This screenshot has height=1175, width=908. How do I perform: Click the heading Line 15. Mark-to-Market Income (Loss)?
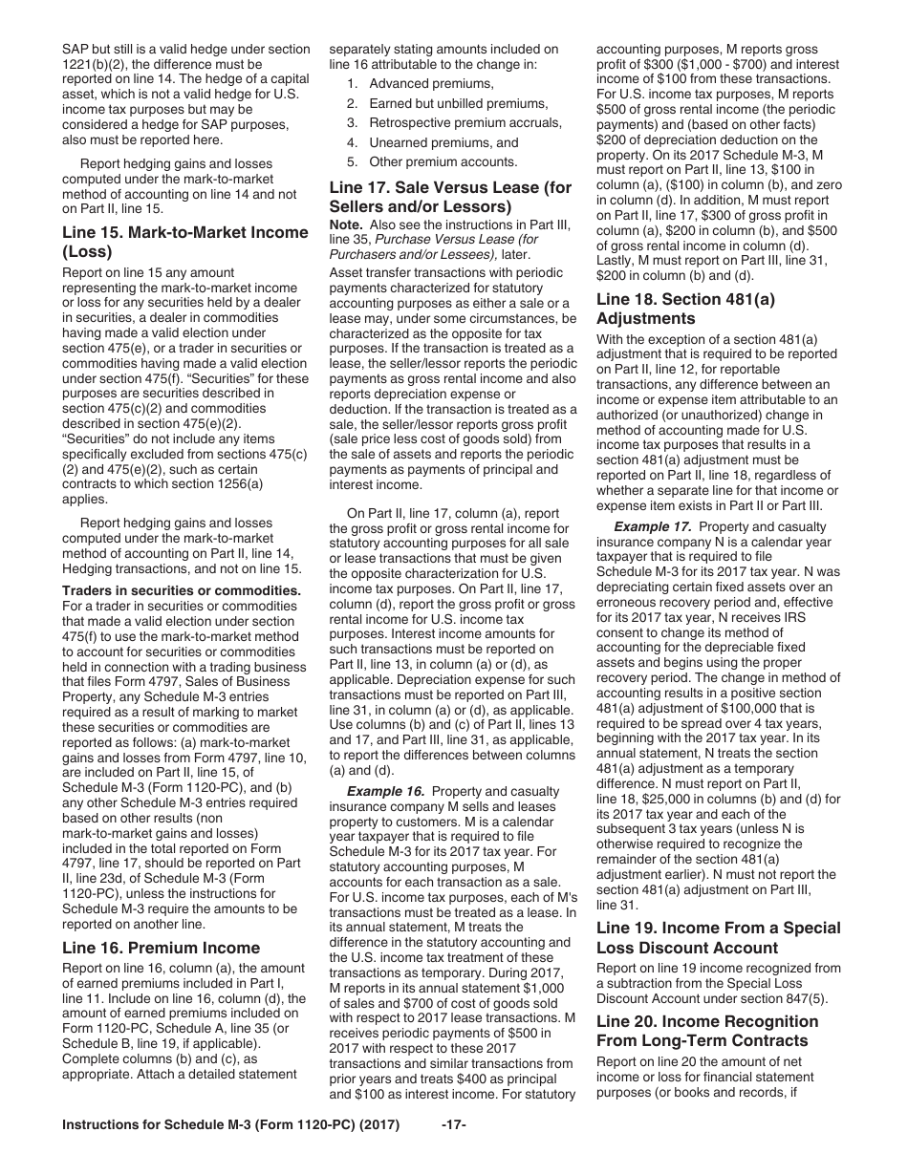pos(185,242)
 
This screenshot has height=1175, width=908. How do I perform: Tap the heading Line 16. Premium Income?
pos(161,948)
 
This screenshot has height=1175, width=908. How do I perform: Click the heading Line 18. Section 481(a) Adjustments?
pos(685,308)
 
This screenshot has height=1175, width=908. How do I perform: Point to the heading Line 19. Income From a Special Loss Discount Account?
pos(718,937)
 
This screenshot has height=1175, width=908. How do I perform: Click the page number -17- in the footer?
pos(453,1151)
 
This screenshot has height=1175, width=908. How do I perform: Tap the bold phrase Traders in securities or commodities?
pos(182,590)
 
